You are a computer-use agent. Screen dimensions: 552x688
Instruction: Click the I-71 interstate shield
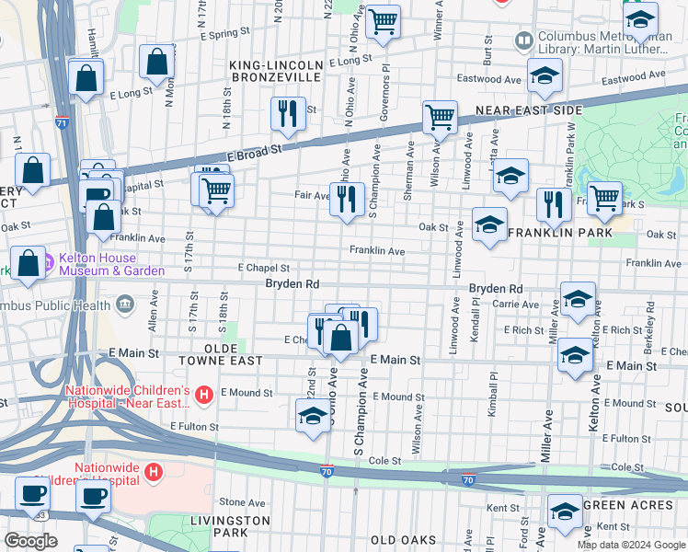[60, 121]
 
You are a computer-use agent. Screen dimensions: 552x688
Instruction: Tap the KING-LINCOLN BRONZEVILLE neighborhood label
[276, 72]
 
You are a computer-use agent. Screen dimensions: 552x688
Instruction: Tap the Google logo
[30, 541]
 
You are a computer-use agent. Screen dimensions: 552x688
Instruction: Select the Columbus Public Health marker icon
[125, 305]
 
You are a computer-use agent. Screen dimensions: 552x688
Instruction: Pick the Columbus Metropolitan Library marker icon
[523, 40]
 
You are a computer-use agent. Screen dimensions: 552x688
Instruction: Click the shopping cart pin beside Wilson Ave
[440, 117]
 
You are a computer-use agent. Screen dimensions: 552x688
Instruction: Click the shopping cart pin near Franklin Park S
[603, 198]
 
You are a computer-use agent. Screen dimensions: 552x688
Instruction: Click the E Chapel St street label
[264, 267]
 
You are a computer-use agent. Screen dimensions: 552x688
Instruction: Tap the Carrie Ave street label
[515, 304]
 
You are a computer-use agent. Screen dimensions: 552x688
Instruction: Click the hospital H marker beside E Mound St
[204, 396]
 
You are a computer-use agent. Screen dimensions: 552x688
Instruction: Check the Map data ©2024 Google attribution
[630, 545]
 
